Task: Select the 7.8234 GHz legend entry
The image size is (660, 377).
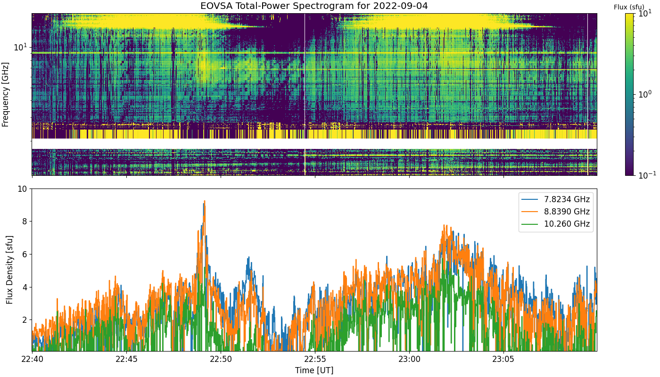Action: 556,199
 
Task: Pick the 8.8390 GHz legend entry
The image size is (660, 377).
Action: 556,212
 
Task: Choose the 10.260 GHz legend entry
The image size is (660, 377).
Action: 556,224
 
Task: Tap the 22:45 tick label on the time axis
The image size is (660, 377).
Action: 126,359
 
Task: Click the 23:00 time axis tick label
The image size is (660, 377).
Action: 409,359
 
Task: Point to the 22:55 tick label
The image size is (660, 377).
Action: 315,359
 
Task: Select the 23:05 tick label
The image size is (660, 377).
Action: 503,359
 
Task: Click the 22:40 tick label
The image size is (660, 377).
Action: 32,359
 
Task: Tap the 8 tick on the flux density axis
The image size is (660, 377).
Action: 25,221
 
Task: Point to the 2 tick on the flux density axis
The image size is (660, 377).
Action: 25,320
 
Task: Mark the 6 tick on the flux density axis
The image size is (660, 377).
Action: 25,254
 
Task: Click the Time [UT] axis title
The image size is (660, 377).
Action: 314,370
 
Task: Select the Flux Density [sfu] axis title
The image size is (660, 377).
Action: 10,270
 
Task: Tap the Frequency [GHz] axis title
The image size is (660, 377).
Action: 5,95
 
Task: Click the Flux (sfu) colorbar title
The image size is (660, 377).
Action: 629,7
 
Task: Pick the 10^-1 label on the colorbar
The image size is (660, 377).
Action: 647,175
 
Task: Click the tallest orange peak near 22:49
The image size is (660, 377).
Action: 205,201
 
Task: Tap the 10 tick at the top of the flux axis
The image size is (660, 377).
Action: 23,189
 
